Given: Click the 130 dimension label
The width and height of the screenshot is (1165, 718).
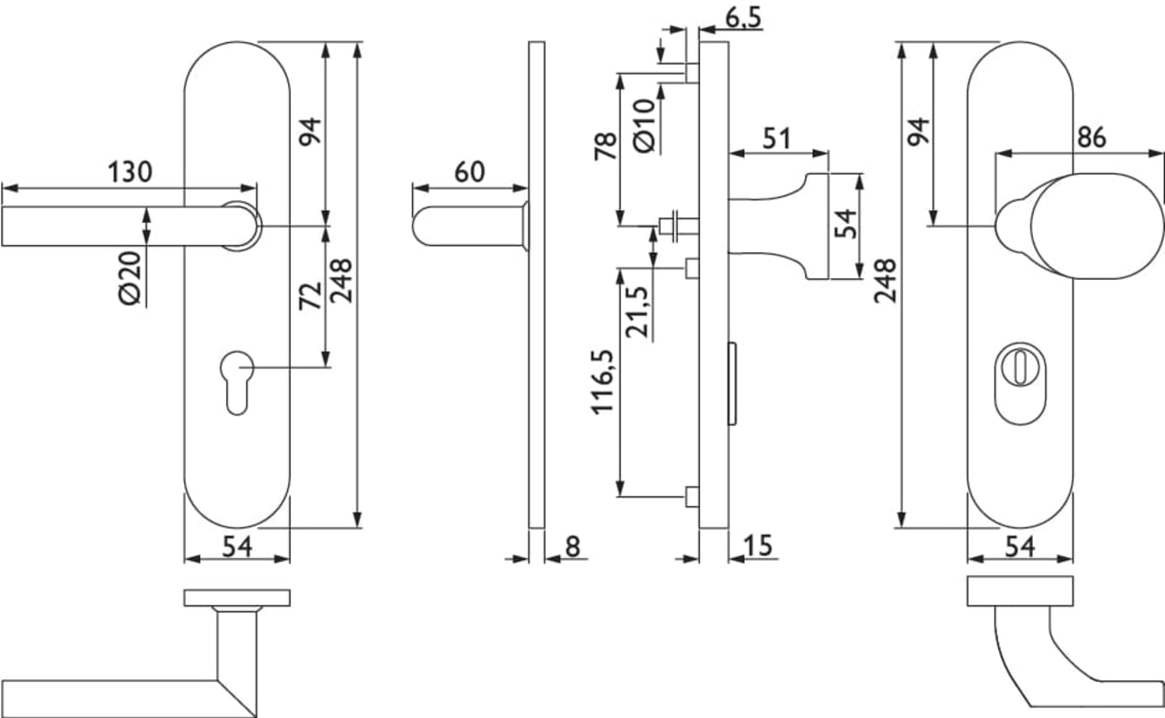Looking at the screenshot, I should pyautogui.click(x=129, y=171).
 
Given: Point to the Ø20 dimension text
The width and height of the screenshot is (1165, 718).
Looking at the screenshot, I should pyautogui.click(x=130, y=278).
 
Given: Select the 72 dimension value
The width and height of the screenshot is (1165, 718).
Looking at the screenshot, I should pyautogui.click(x=309, y=295).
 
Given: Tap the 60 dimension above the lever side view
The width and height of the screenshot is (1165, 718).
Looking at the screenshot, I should pyautogui.click(x=469, y=171).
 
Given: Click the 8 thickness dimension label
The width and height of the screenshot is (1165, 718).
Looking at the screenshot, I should pyautogui.click(x=573, y=546).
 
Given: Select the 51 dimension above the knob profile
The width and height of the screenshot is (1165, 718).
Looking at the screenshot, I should pyautogui.click(x=777, y=139).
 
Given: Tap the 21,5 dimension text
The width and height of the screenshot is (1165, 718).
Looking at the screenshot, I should pyautogui.click(x=637, y=311).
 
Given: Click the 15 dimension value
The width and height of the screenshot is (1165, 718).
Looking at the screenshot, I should pyautogui.click(x=758, y=546).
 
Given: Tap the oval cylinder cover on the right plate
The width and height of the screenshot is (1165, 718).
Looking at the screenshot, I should pyautogui.click(x=1018, y=381).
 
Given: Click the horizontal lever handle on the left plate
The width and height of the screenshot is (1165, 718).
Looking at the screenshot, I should pyautogui.click(x=117, y=225).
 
